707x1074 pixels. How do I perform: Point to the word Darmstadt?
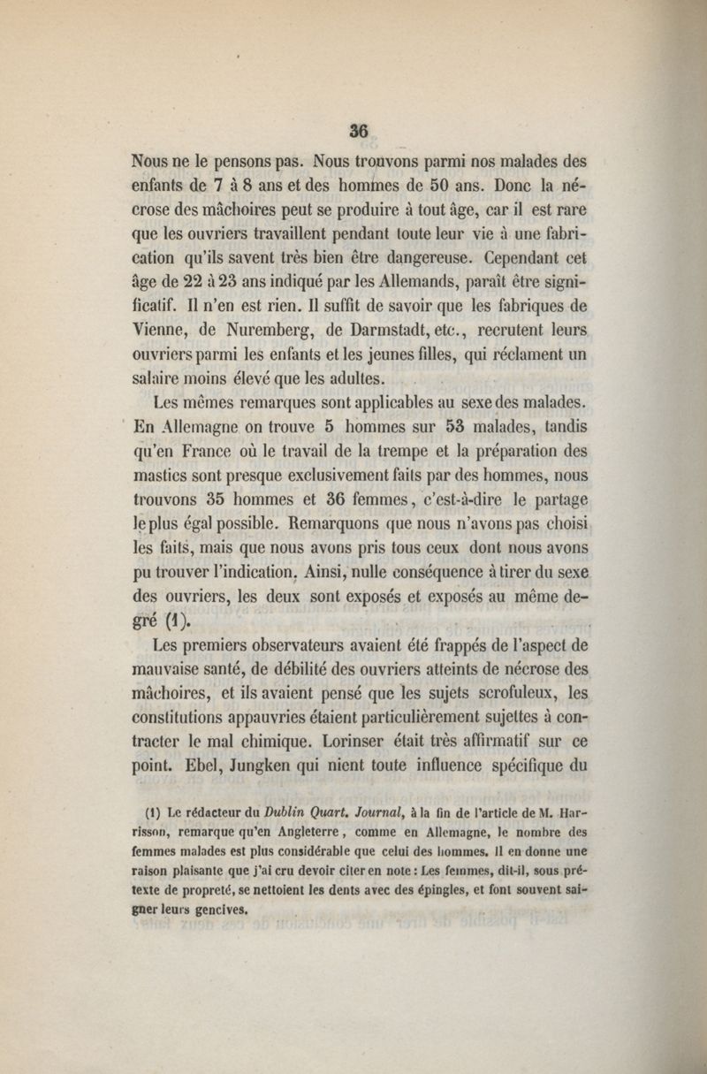tap(394, 309)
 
